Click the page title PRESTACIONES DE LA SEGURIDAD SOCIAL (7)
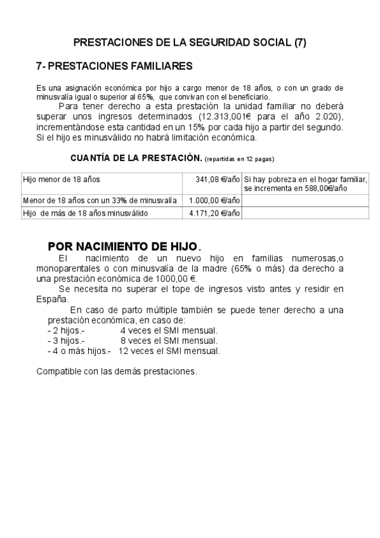tap(190, 43)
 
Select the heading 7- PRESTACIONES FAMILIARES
tap(115, 66)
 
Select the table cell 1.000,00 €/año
tap(214, 200)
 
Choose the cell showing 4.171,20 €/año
tap(214, 213)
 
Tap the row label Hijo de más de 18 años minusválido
tap(85, 213)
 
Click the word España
tap(53, 299)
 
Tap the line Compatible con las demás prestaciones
tap(117, 371)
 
